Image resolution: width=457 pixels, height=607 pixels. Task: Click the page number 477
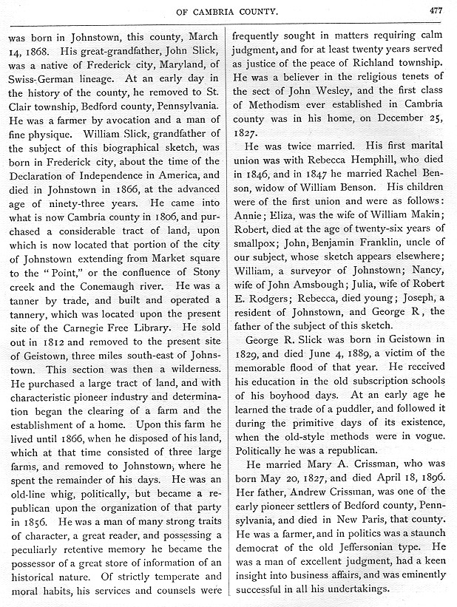point(433,10)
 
